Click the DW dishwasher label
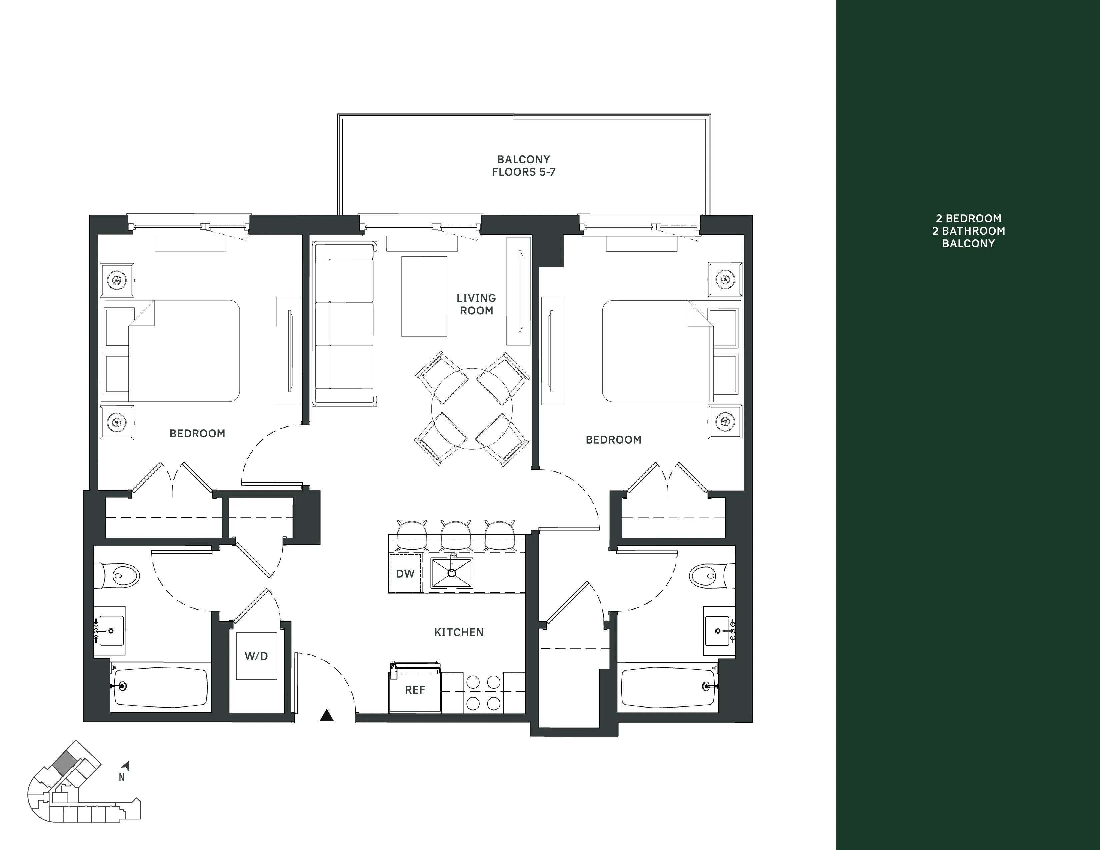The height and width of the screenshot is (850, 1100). [x=405, y=574]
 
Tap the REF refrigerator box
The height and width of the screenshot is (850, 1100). [x=415, y=690]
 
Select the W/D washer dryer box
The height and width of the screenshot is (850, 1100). [x=256, y=656]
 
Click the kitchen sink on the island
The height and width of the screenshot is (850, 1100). [x=452, y=573]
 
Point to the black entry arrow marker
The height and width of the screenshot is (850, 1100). [x=327, y=716]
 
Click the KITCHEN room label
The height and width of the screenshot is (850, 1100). [x=459, y=632]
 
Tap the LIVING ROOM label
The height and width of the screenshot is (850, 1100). [x=476, y=304]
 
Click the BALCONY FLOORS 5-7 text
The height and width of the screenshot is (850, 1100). [x=523, y=166]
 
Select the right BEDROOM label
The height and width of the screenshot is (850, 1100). [x=613, y=440]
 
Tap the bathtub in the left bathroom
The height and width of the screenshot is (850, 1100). [x=160, y=687]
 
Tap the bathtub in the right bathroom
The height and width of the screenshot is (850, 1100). [x=668, y=687]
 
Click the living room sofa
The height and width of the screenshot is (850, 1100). [x=343, y=324]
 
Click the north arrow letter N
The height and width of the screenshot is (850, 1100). [x=121, y=777]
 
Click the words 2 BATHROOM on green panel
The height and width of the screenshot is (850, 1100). [x=968, y=231]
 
